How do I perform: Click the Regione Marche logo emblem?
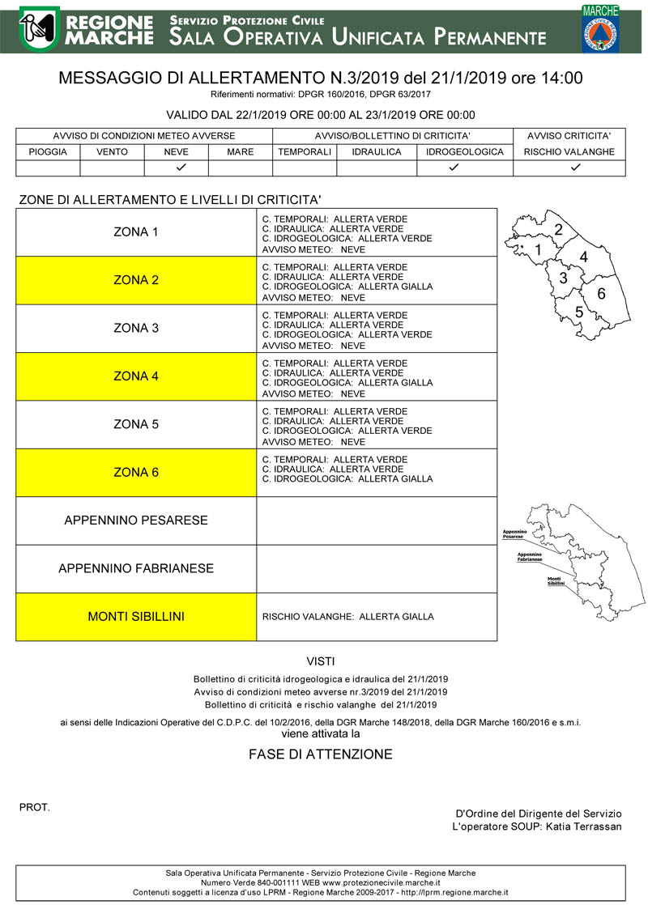(x=38, y=28)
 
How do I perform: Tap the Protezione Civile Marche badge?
(x=600, y=28)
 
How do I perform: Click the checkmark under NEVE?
(x=177, y=168)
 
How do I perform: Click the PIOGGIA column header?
(x=48, y=151)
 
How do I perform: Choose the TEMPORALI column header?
(x=305, y=151)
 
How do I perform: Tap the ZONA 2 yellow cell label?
(x=136, y=280)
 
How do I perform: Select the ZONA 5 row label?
(x=136, y=424)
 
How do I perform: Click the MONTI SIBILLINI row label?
(x=136, y=617)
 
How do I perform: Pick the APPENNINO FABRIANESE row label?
(x=136, y=568)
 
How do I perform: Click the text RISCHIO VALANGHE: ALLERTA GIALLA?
(x=348, y=617)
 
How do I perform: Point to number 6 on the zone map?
(x=601, y=293)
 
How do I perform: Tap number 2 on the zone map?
(x=558, y=230)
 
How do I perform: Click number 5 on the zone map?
(x=579, y=312)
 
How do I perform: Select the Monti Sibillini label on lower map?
(x=555, y=581)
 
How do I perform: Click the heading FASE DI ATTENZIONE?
(x=321, y=754)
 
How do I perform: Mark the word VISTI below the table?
(x=321, y=661)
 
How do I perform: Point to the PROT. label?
(x=34, y=807)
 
